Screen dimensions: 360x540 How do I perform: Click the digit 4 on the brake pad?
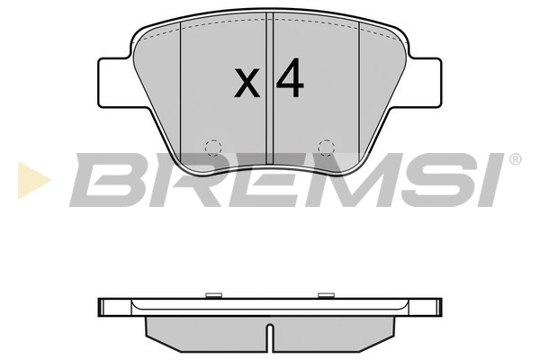click(x=290, y=81)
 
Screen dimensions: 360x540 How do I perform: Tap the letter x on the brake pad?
click(x=247, y=84)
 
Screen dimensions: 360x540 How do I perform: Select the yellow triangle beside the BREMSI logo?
click(x=30, y=180)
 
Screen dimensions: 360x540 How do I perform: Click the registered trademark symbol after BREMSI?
click(x=515, y=160)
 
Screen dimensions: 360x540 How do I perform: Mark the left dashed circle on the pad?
click(x=213, y=146)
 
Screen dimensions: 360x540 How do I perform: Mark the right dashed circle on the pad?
click(x=327, y=146)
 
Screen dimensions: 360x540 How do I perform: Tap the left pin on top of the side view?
click(x=213, y=294)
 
